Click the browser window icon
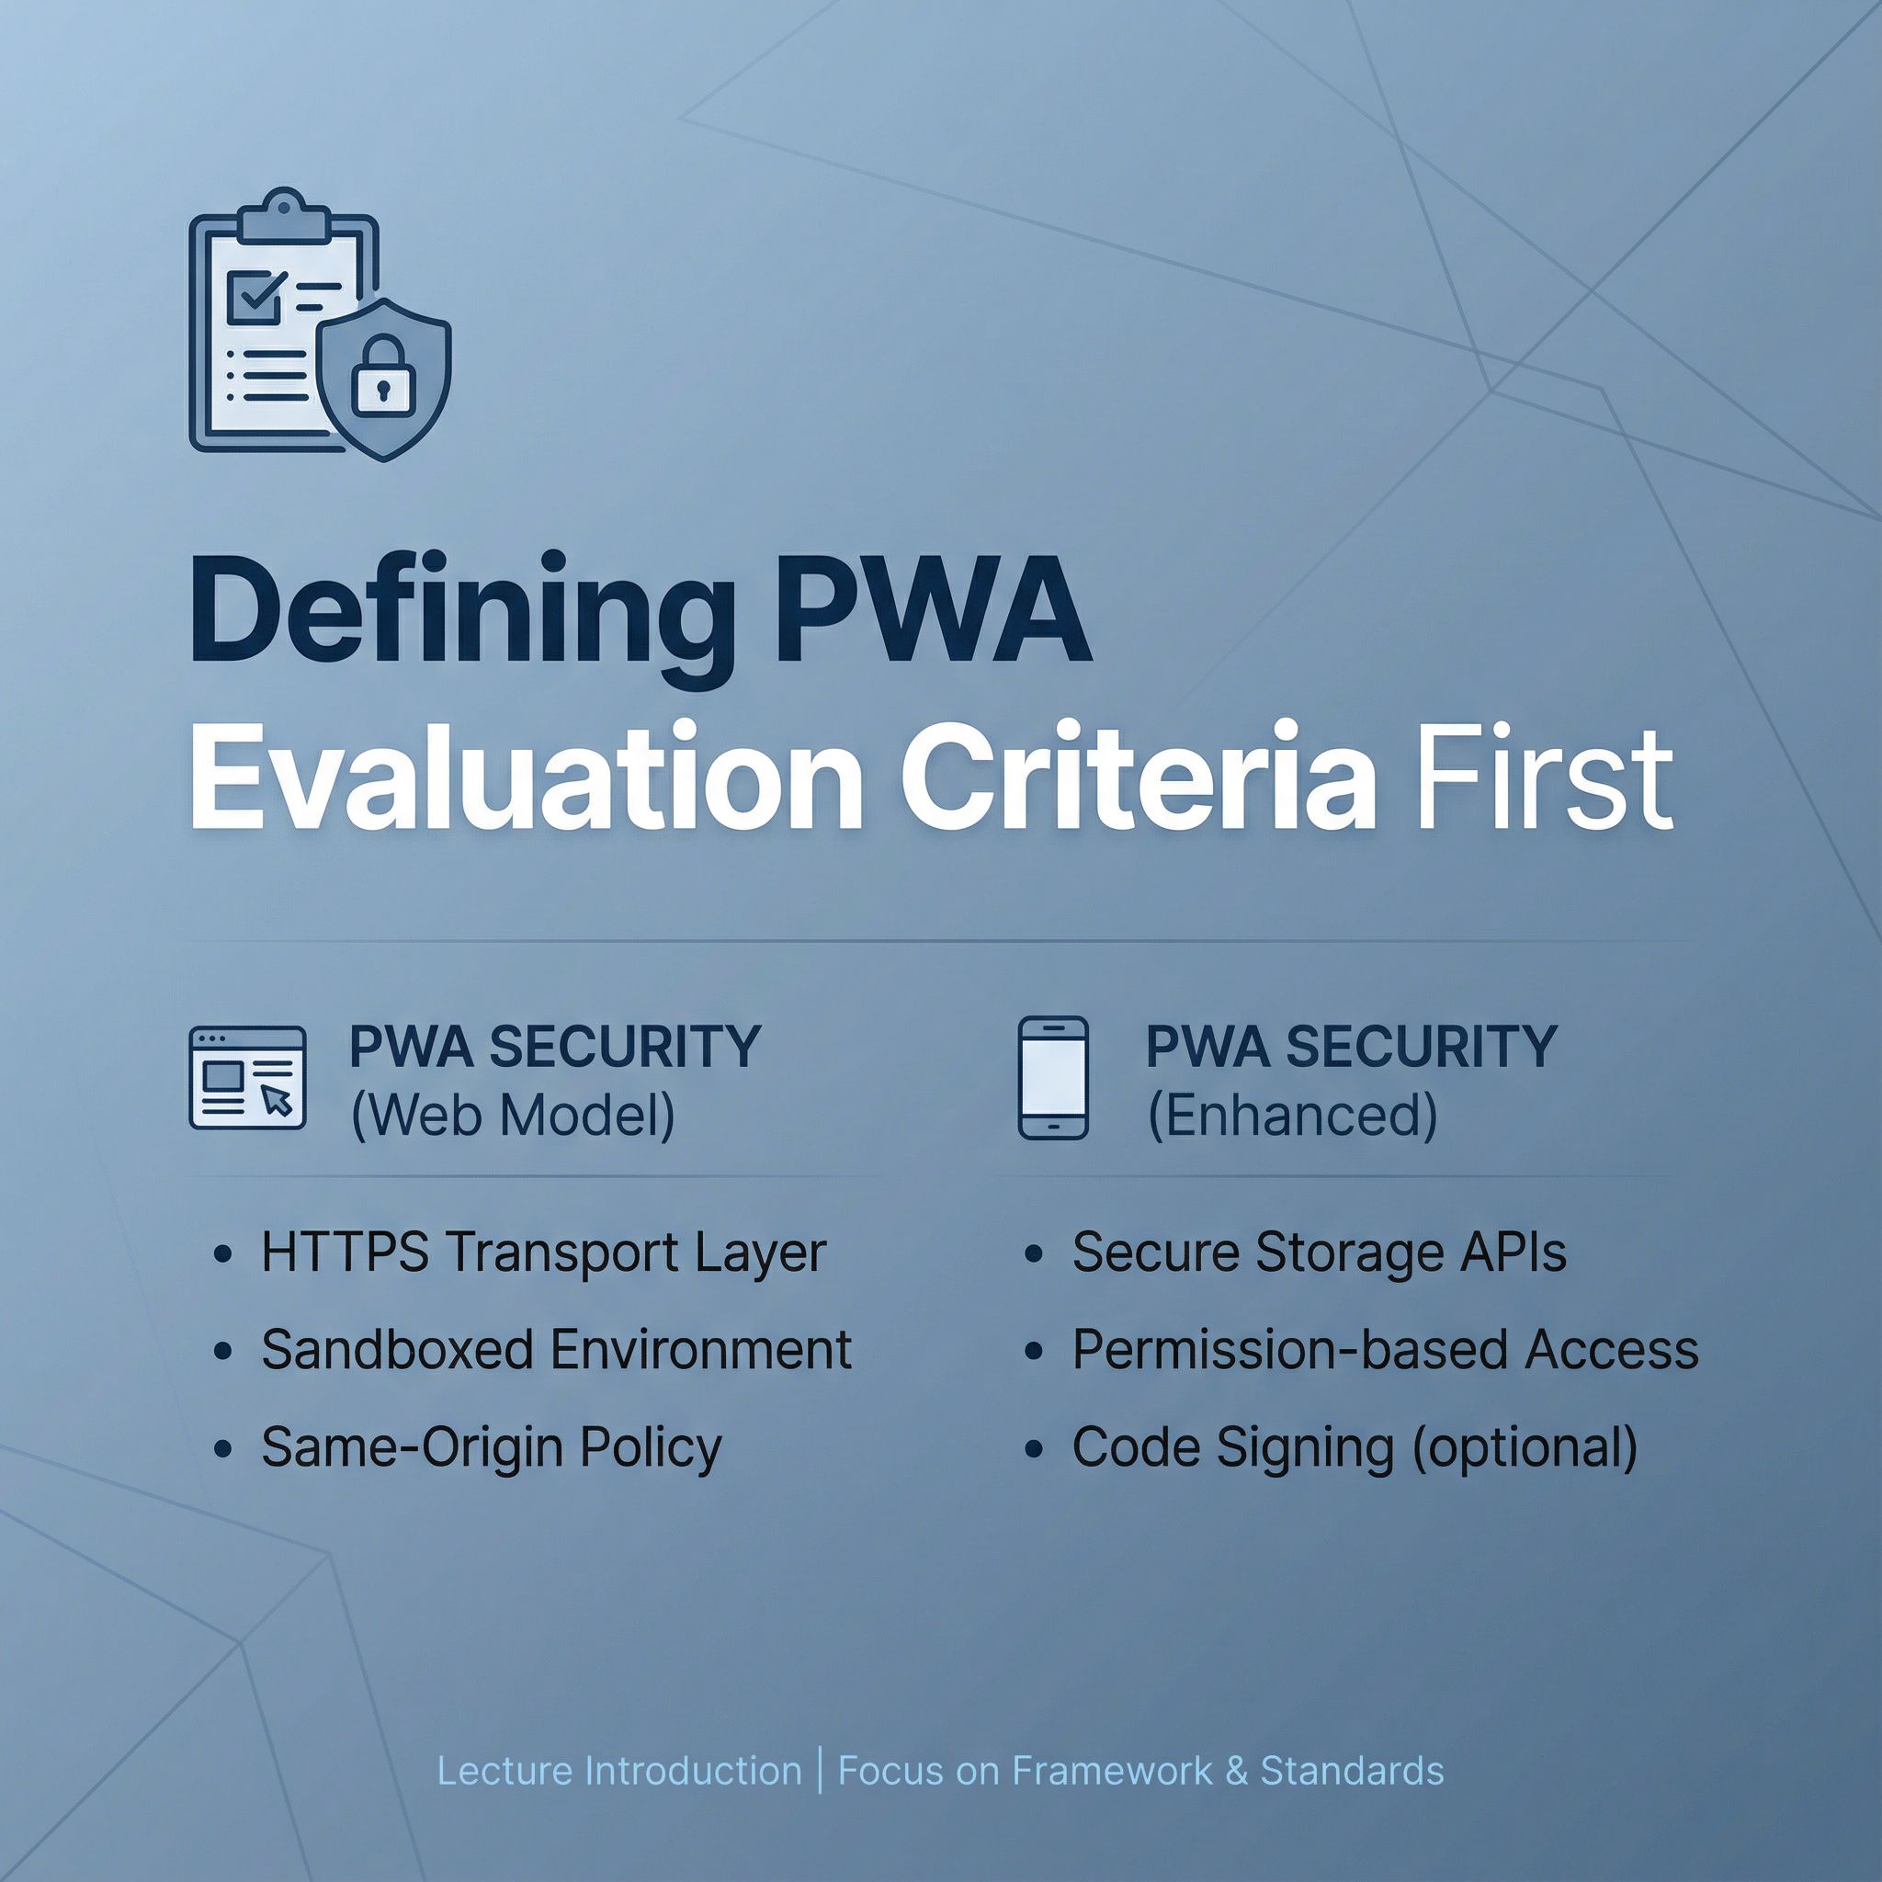tap(247, 1077)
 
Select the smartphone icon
tap(1052, 1077)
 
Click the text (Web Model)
tap(513, 1116)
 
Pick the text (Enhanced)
tap(1293, 1116)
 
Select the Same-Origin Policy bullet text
tap(492, 1447)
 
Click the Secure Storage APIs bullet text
tap(1319, 1253)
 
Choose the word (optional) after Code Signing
tap(1525, 1447)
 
